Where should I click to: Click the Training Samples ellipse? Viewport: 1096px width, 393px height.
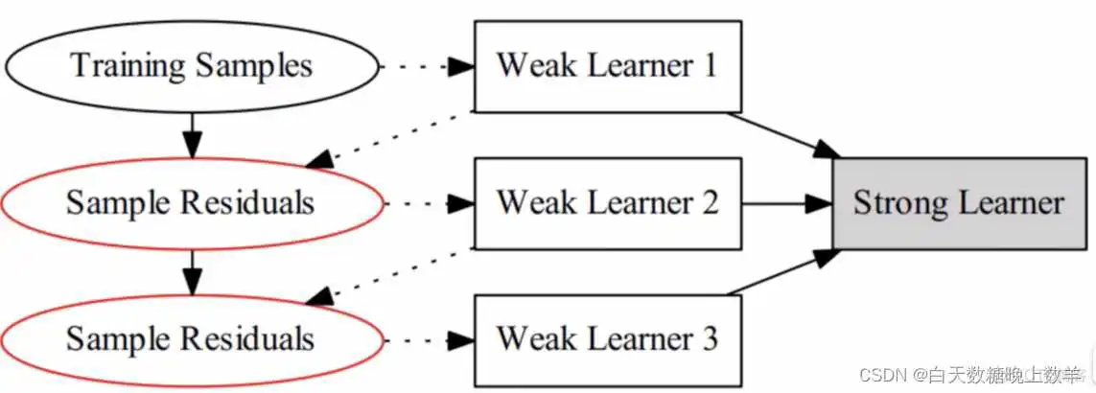[192, 66]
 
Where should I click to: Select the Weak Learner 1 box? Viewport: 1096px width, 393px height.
[607, 66]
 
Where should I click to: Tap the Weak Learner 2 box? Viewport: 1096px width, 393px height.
[607, 203]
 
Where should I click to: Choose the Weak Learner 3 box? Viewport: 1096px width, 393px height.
[607, 339]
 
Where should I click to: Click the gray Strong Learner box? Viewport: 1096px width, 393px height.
[959, 203]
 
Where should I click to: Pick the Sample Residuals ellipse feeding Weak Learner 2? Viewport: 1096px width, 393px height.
[192, 203]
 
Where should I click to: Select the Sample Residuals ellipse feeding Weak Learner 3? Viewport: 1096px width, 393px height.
[192, 339]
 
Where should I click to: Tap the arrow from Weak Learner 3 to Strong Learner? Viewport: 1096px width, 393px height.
[781, 272]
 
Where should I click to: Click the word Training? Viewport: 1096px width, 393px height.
[128, 66]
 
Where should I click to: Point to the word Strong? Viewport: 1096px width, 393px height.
[900, 203]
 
